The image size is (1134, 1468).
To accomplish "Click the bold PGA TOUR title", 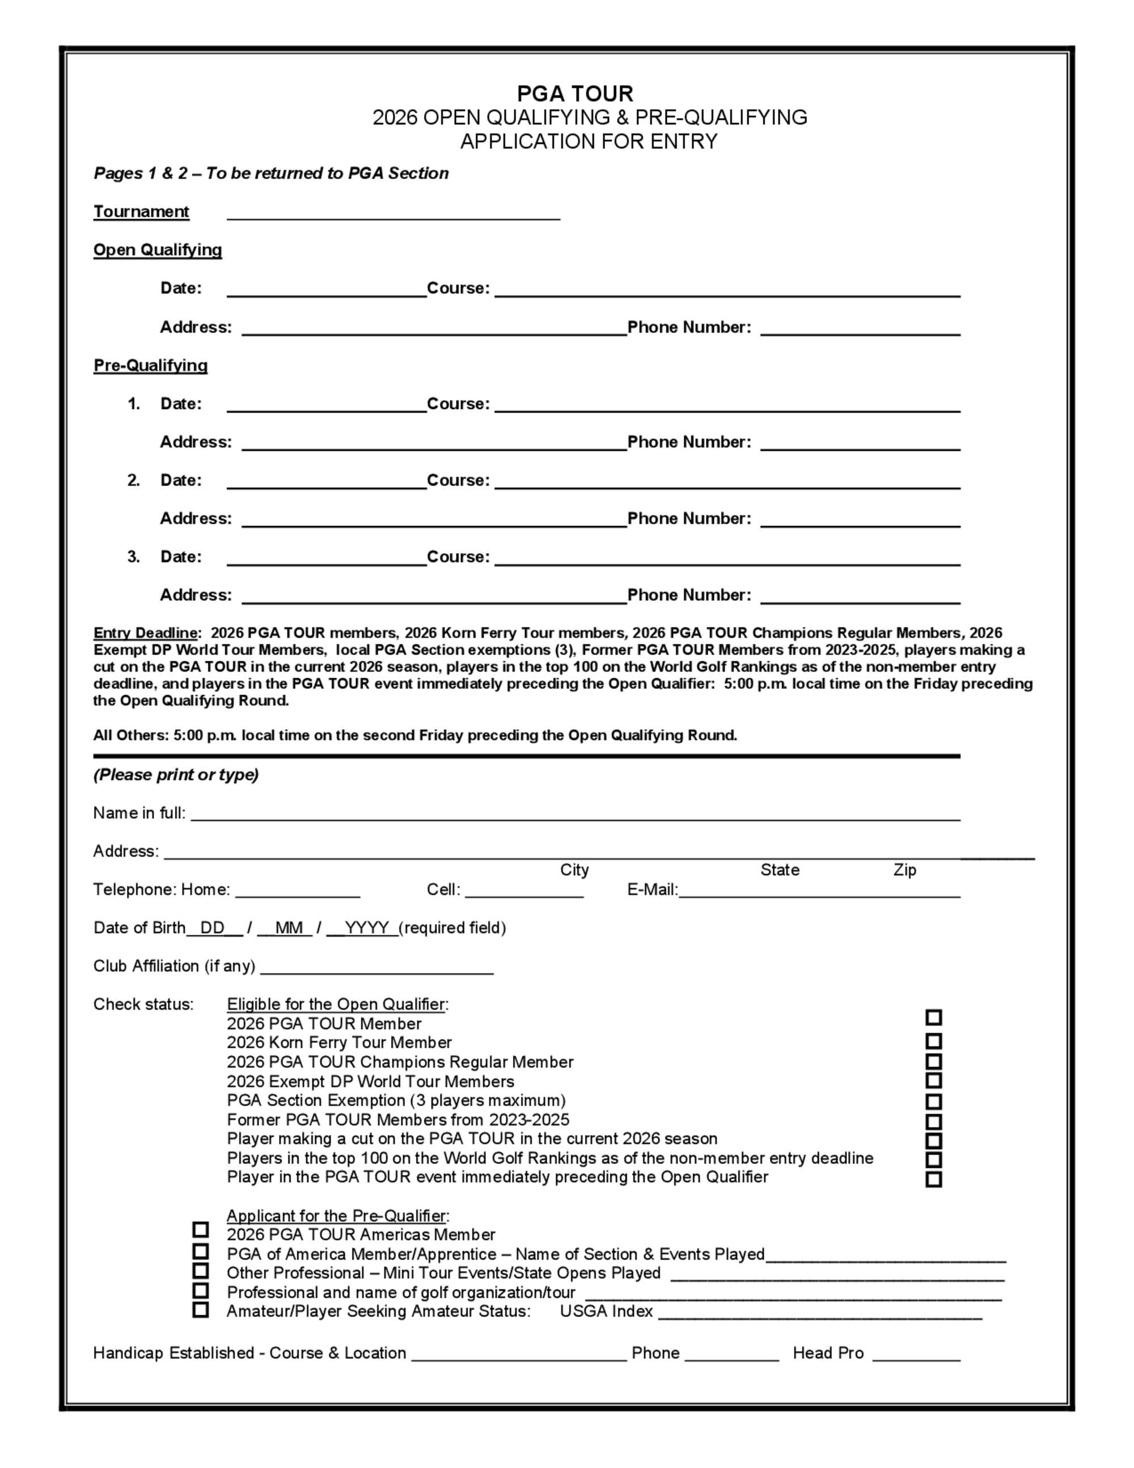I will (x=575, y=94).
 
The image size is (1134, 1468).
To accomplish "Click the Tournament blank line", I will (x=393, y=214).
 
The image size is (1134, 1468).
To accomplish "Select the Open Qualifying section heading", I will (x=157, y=250).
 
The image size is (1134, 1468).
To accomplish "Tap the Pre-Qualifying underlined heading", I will (x=150, y=366).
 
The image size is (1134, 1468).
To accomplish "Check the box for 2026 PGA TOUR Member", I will (x=933, y=1018).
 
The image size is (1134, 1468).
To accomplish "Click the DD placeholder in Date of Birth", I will (x=212, y=927).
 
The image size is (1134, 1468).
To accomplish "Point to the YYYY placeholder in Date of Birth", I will (x=366, y=927).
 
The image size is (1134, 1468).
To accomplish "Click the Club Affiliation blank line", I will (x=376, y=969).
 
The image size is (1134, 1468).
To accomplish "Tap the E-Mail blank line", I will (x=819, y=892).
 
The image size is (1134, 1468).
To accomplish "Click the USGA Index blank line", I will (x=819, y=1314).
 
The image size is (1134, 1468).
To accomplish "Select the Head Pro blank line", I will (x=916, y=1356).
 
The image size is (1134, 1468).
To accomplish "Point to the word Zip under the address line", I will (x=904, y=870).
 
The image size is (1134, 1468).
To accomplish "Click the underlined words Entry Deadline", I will (x=146, y=633).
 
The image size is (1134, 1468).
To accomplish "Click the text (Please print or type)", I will (x=176, y=775).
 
